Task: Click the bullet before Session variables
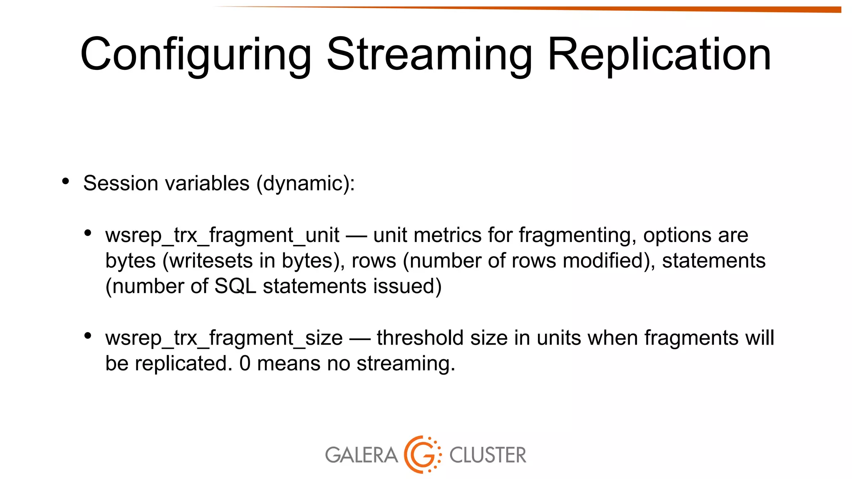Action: tap(65, 181)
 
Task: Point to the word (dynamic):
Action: tap(306, 183)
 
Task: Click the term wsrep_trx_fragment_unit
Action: tap(222, 235)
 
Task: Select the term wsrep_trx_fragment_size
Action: tap(224, 338)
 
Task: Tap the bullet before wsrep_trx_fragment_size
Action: tap(87, 336)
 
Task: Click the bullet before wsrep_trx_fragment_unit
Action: tap(87, 233)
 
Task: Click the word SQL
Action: tap(235, 286)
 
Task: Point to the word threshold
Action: tap(420, 338)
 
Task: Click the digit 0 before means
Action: tap(245, 363)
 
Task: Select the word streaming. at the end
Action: tap(406, 363)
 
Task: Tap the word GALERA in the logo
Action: tap(361, 455)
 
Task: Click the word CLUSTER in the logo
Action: tap(488, 455)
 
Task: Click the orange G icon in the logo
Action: tap(422, 454)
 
